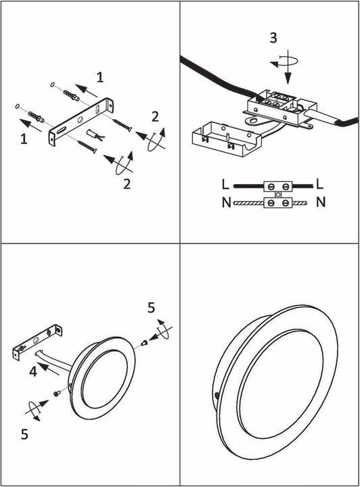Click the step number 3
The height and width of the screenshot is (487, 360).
click(273, 38)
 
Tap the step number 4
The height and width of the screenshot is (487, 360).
click(33, 371)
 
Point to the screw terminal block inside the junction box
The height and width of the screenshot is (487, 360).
click(277, 100)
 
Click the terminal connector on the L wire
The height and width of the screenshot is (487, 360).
click(278, 187)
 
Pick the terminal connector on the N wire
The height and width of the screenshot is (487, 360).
click(278, 203)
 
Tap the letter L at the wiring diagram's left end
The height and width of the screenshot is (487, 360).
click(226, 184)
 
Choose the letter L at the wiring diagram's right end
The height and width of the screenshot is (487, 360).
click(319, 184)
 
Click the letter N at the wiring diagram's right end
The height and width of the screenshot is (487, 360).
click(321, 202)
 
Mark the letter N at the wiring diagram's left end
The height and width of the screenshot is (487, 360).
click(227, 202)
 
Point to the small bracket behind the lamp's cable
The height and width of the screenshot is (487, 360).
click(37, 342)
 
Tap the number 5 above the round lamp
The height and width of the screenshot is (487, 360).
click(152, 308)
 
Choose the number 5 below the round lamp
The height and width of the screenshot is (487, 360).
click(25, 434)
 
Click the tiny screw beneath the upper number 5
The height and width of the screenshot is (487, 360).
click(144, 343)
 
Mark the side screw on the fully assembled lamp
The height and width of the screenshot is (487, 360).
click(217, 396)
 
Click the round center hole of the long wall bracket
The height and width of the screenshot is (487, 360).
click(80, 119)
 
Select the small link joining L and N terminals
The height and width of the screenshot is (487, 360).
click(278, 195)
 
